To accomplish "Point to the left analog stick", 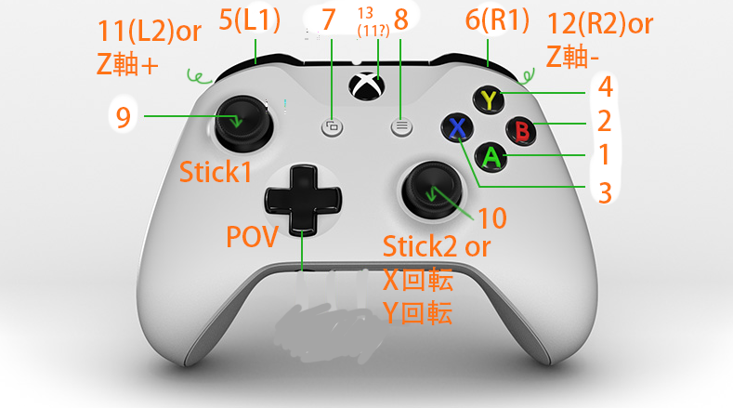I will [239, 122].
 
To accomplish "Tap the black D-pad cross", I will [303, 199].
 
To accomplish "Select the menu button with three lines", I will [401, 127].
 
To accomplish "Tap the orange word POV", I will [252, 236].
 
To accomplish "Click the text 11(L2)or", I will [150, 32].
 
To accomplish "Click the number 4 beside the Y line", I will [605, 89].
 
